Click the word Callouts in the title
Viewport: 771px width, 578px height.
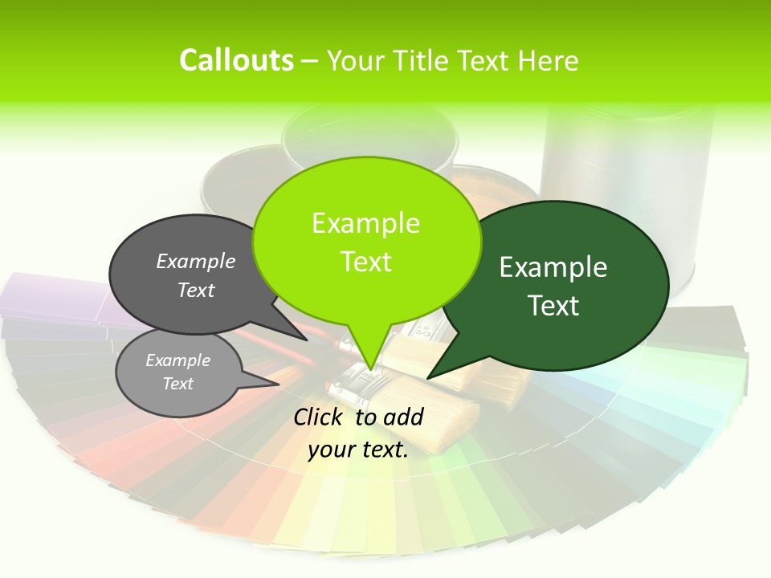pos(236,60)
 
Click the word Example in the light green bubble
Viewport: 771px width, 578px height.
pos(365,223)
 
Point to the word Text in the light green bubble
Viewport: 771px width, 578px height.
pos(365,262)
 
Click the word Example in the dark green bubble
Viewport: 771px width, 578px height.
pos(553,267)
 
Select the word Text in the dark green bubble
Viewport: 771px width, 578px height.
pos(553,306)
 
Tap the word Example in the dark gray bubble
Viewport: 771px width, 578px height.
pos(196,262)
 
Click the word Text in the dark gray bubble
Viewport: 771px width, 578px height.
pos(196,290)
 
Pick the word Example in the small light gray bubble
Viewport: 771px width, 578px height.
pos(177,360)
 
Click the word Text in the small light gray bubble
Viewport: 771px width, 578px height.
pos(177,384)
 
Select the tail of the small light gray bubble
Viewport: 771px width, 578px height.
pos(269,381)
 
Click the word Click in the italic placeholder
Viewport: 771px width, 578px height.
pos(320,417)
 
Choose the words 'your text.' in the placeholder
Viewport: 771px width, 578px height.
pos(358,450)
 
